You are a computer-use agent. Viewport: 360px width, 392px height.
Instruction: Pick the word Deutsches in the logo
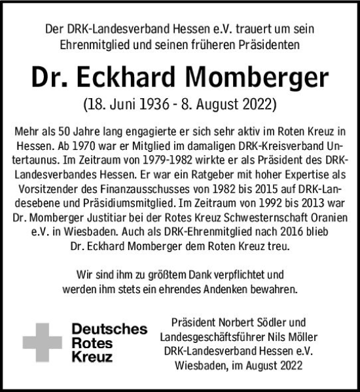109,329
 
